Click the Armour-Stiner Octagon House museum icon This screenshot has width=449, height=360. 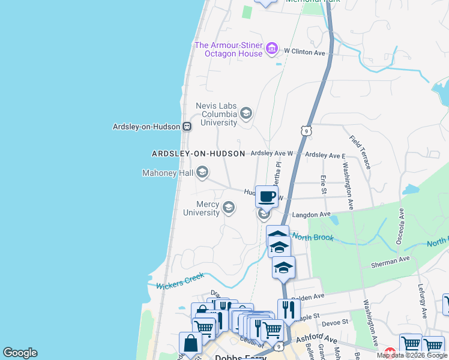point(272,48)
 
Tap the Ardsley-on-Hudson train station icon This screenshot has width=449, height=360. point(187,126)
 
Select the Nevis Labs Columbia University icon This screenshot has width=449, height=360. point(246,113)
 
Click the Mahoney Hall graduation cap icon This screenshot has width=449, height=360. point(202,173)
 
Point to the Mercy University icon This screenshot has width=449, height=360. point(228,208)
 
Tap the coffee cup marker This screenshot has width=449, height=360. point(267,195)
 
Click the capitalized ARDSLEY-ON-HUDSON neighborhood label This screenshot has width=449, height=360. point(198,154)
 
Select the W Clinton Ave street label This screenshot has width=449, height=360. point(304,53)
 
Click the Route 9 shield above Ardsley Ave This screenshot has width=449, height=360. point(306,130)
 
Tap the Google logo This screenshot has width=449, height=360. point(20,353)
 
